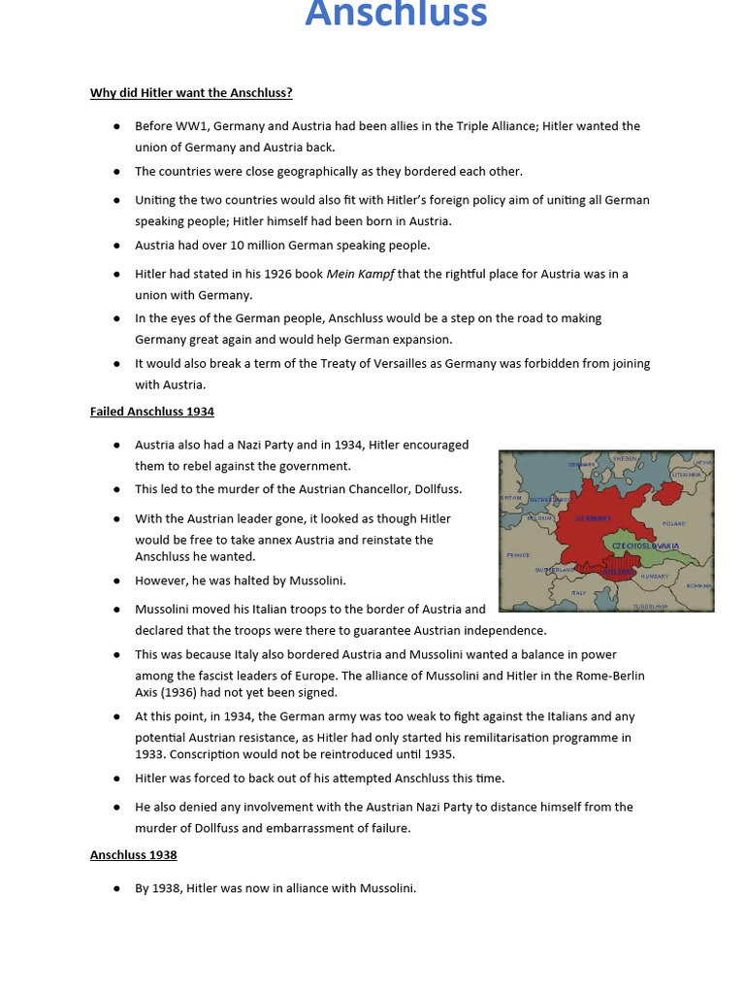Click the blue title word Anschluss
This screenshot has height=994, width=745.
click(396, 15)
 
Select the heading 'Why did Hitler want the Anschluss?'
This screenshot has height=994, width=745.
click(191, 93)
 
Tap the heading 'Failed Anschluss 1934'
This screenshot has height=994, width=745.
click(152, 412)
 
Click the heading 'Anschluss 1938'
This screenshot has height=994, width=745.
click(134, 855)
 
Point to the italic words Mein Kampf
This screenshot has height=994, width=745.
click(360, 274)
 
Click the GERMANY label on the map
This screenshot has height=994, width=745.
click(593, 518)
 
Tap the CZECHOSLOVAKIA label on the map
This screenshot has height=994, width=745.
click(646, 547)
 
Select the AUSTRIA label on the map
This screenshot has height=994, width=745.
click(619, 572)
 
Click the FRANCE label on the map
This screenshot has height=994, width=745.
click(518, 555)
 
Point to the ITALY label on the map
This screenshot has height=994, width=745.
click(578, 592)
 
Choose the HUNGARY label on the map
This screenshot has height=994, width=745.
click(655, 576)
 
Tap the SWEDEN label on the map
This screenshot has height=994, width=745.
click(625, 458)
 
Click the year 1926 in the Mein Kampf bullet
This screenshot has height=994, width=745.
click(279, 274)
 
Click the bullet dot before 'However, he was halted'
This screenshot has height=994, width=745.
click(116, 580)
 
